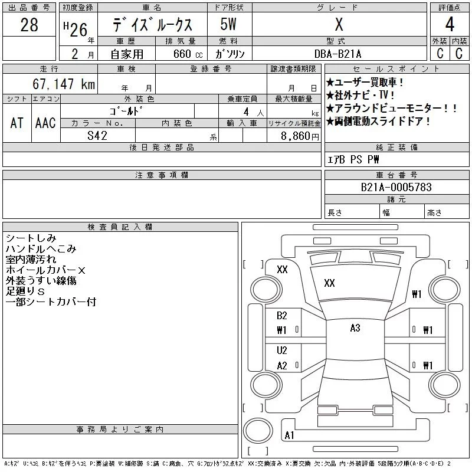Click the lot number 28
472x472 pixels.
click(x=29, y=25)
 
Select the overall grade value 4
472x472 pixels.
click(x=450, y=25)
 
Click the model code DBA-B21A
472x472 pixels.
click(x=339, y=54)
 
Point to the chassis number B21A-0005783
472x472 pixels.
click(x=396, y=188)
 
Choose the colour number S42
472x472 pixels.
click(x=97, y=136)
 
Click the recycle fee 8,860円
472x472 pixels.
click(x=301, y=136)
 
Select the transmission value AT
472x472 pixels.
click(x=17, y=123)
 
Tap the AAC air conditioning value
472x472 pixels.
click(x=45, y=123)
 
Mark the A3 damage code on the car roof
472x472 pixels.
click(x=355, y=328)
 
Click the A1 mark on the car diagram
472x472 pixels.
click(x=289, y=435)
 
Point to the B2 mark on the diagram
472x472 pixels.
click(x=282, y=316)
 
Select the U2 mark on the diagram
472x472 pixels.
click(x=282, y=350)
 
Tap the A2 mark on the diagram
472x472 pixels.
click(x=282, y=366)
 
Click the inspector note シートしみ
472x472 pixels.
click(x=31, y=238)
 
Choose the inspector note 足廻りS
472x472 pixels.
click(x=25, y=291)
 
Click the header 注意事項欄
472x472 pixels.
click(x=162, y=175)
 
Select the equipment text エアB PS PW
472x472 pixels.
click(x=354, y=160)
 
